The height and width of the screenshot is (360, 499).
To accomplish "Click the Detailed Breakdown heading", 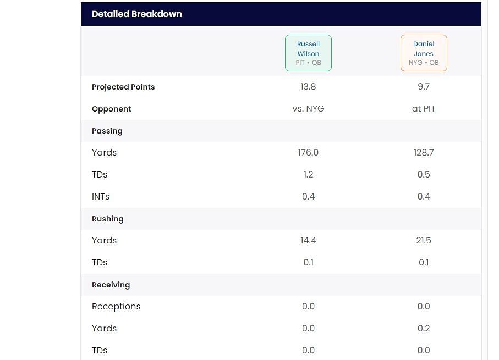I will [x=136, y=14].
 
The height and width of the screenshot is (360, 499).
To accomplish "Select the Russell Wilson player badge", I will [x=308, y=53].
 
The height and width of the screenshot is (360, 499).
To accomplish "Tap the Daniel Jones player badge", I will [x=424, y=53].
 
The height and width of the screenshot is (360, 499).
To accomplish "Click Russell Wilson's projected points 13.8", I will [x=308, y=87].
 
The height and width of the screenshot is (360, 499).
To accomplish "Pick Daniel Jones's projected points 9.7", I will [x=424, y=87].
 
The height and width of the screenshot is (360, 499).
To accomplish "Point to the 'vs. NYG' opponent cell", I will [x=308, y=109].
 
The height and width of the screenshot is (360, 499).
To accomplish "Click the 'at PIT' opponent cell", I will [x=424, y=109].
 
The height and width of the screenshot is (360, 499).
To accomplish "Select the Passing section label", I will [x=107, y=131].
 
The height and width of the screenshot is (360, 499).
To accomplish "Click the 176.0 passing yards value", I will [x=308, y=153].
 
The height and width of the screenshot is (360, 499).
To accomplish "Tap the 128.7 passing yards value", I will [x=424, y=153].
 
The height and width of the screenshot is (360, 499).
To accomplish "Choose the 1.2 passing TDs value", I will [x=308, y=175].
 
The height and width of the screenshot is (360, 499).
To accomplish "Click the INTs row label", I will [x=101, y=197].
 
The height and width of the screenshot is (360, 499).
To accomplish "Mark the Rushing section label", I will [x=108, y=219].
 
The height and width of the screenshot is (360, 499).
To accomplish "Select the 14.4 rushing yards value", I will [x=308, y=241].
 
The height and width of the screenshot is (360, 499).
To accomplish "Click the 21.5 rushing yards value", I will [x=424, y=241].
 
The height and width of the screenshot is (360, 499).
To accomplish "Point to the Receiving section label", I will [x=111, y=285].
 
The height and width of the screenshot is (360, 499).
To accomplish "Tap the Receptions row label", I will [x=116, y=307].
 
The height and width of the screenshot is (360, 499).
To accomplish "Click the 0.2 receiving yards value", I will [x=424, y=329].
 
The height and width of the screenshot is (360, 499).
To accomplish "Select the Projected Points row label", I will [x=123, y=87].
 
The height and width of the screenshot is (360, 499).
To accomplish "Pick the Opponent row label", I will [x=112, y=109].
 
